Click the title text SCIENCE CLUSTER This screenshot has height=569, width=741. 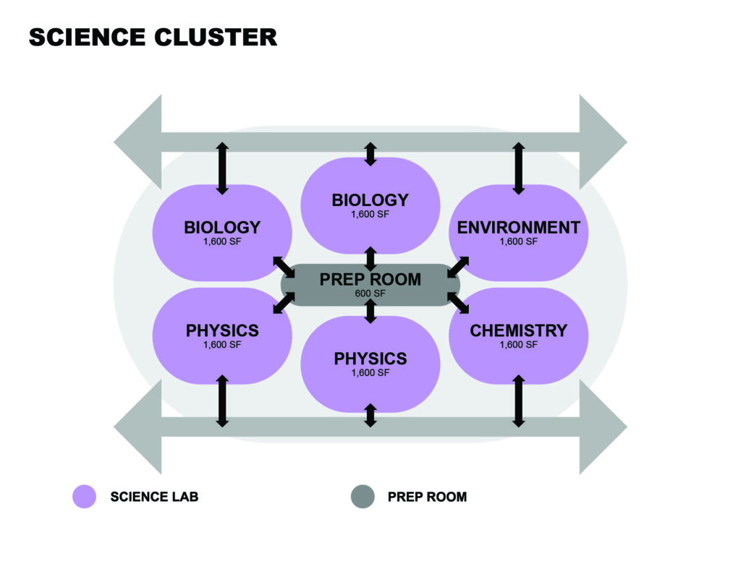(153, 38)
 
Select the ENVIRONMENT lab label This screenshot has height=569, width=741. (518, 228)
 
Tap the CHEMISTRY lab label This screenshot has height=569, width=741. (518, 331)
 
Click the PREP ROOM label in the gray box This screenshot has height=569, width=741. (370, 279)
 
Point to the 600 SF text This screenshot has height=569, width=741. (370, 294)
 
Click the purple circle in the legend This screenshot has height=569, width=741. (85, 497)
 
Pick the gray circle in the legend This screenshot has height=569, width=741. (363, 497)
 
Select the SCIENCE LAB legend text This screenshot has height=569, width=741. (154, 497)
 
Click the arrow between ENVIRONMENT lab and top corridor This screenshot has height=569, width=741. (518, 168)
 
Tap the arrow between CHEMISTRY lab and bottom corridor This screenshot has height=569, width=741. (518, 401)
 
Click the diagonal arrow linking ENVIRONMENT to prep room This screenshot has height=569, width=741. (458, 266)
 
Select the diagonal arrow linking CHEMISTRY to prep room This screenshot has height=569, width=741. (458, 302)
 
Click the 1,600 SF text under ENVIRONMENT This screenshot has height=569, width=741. (518, 242)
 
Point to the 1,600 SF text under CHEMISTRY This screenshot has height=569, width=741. (518, 346)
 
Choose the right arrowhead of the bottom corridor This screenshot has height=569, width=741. (603, 427)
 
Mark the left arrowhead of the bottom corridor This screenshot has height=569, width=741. (138, 427)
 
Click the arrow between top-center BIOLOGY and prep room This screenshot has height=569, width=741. (370, 258)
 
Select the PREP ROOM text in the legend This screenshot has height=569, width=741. (427, 497)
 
